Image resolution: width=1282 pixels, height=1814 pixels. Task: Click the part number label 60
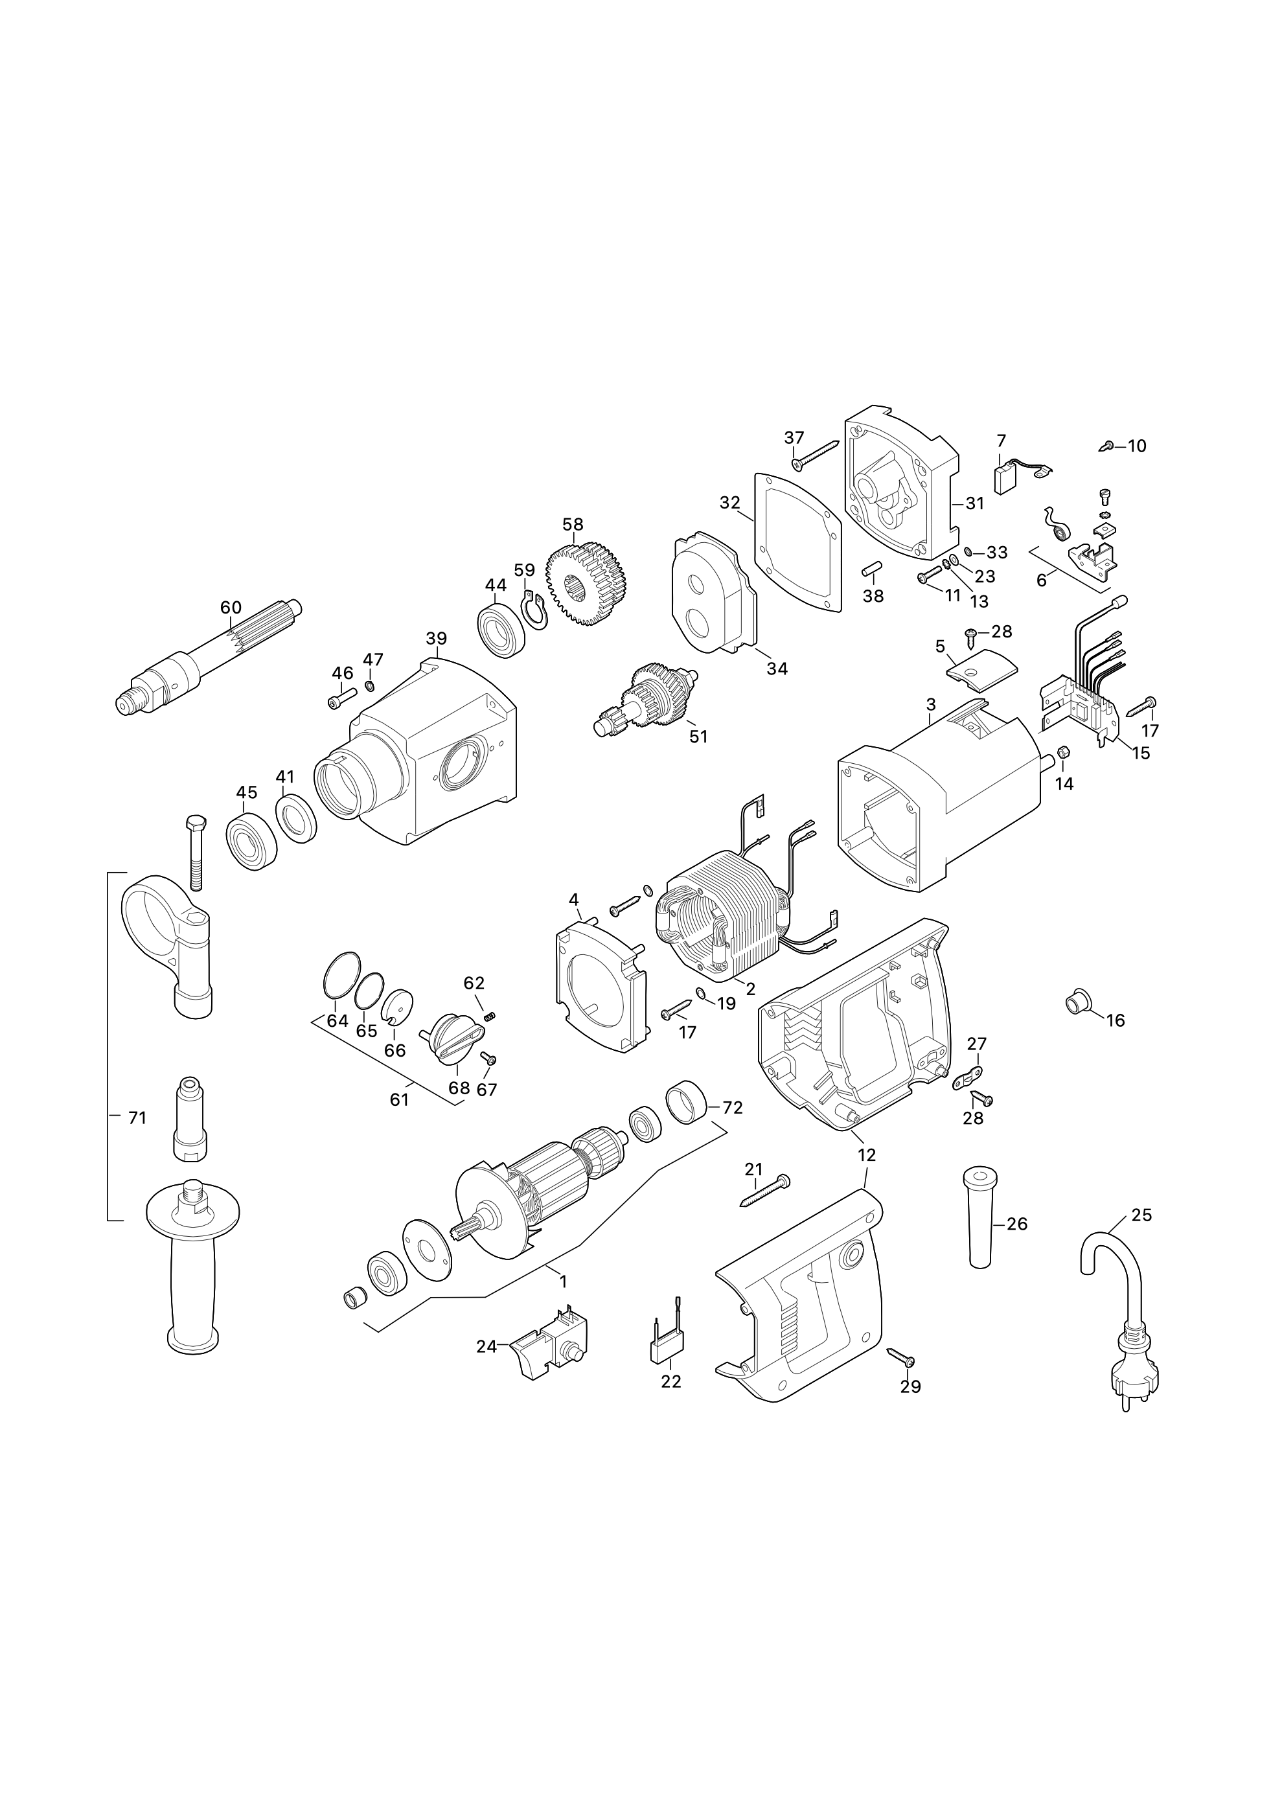231,608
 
